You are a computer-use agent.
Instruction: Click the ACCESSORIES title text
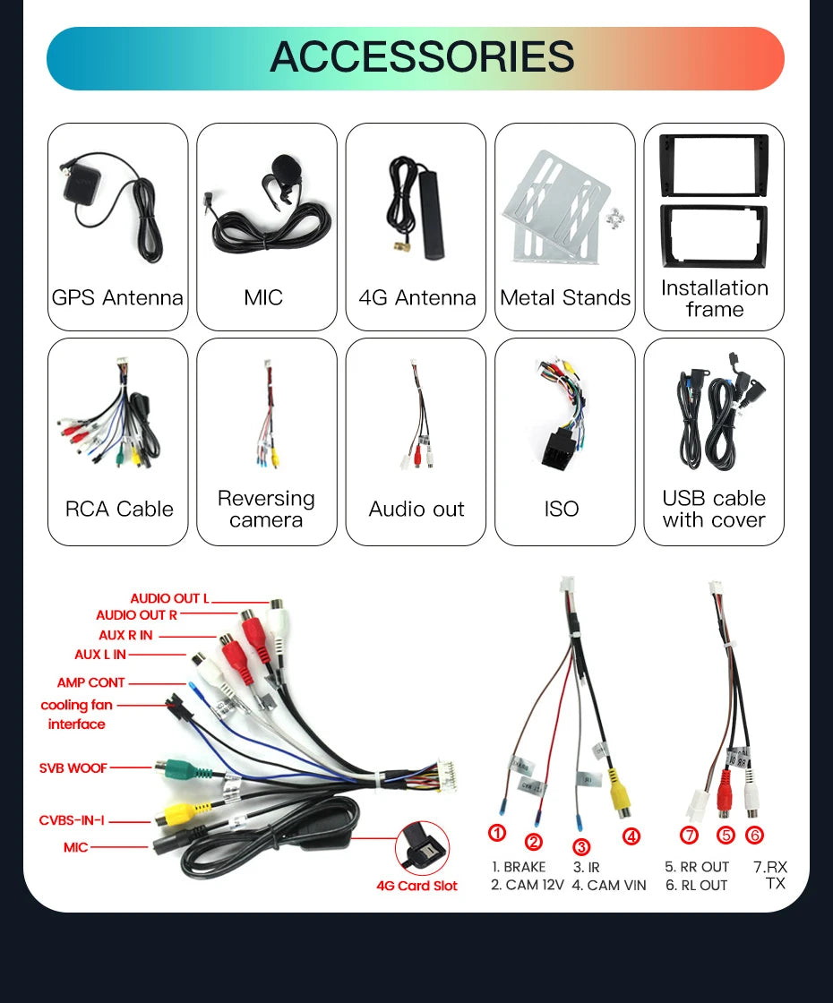pyautogui.click(x=422, y=57)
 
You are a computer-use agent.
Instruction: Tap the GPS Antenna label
pyautogui.click(x=117, y=297)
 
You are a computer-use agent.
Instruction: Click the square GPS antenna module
pyautogui.click(x=89, y=188)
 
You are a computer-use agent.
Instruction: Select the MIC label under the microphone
pyautogui.click(x=263, y=297)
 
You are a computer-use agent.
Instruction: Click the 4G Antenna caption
pyautogui.click(x=417, y=297)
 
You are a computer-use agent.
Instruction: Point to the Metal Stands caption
pyautogui.click(x=565, y=297)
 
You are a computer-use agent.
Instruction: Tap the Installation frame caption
pyautogui.click(x=715, y=299)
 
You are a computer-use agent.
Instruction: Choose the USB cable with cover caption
pyautogui.click(x=714, y=510)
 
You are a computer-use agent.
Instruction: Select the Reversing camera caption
pyautogui.click(x=266, y=510)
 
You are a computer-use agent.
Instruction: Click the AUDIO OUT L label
pyautogui.click(x=169, y=599)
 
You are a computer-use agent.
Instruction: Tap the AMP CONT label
pyautogui.click(x=90, y=682)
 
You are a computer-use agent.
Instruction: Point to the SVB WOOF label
pyautogui.click(x=73, y=767)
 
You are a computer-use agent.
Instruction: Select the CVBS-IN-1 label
pyautogui.click(x=72, y=820)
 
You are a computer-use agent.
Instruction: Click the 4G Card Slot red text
pyautogui.click(x=417, y=886)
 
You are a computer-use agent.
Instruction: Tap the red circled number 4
pyautogui.click(x=631, y=836)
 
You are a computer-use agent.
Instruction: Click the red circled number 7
pyautogui.click(x=689, y=835)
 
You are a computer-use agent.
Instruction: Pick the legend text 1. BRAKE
pyautogui.click(x=519, y=868)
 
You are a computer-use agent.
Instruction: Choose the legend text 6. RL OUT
pyautogui.click(x=696, y=886)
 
